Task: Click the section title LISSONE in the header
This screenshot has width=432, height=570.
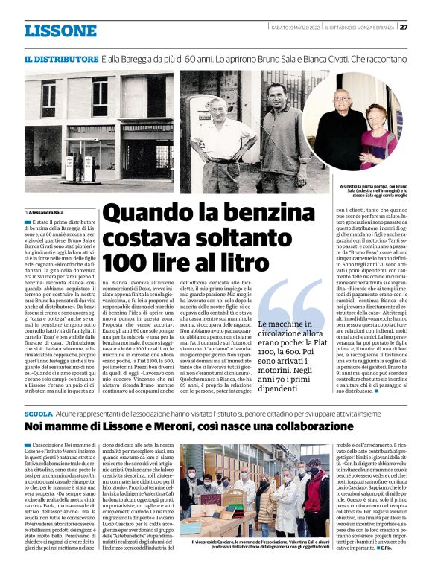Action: tap(60, 31)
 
